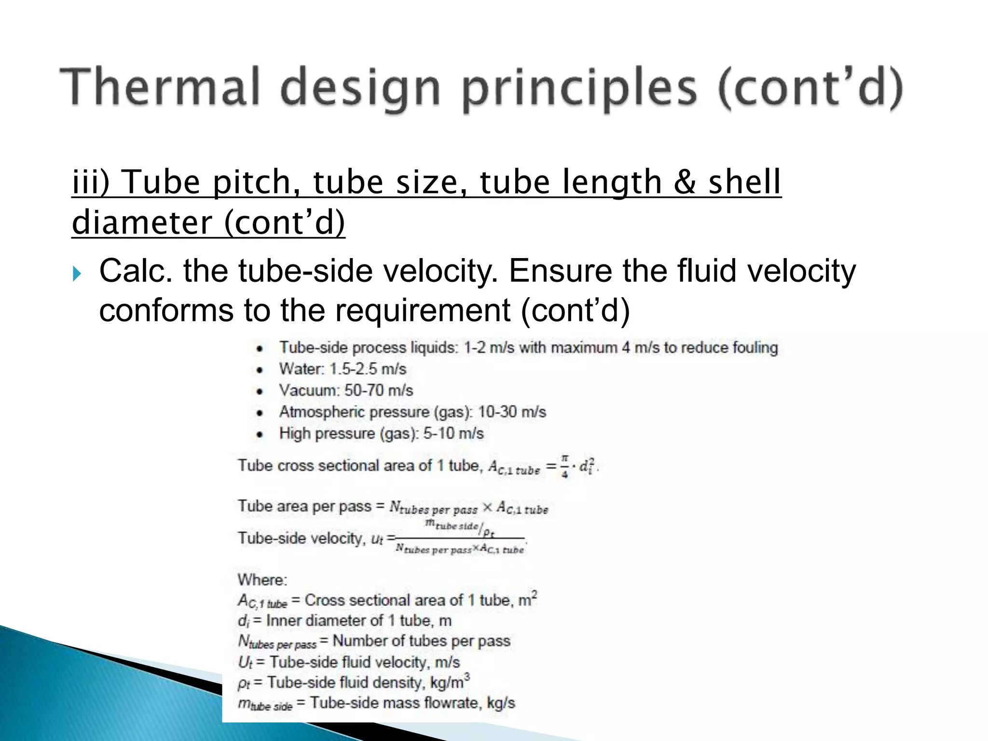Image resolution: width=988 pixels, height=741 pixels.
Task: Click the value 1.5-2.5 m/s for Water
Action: tap(368, 369)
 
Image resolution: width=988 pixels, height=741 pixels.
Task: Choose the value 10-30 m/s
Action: tap(512, 412)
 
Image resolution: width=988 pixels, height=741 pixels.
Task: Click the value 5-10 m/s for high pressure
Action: tap(453, 433)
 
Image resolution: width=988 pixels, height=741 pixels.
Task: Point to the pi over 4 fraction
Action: tap(564, 466)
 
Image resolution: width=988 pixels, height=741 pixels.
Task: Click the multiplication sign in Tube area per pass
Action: tap(487, 508)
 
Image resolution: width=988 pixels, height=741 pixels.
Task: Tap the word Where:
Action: tap(262, 579)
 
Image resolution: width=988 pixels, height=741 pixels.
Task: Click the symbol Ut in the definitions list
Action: tap(245, 662)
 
